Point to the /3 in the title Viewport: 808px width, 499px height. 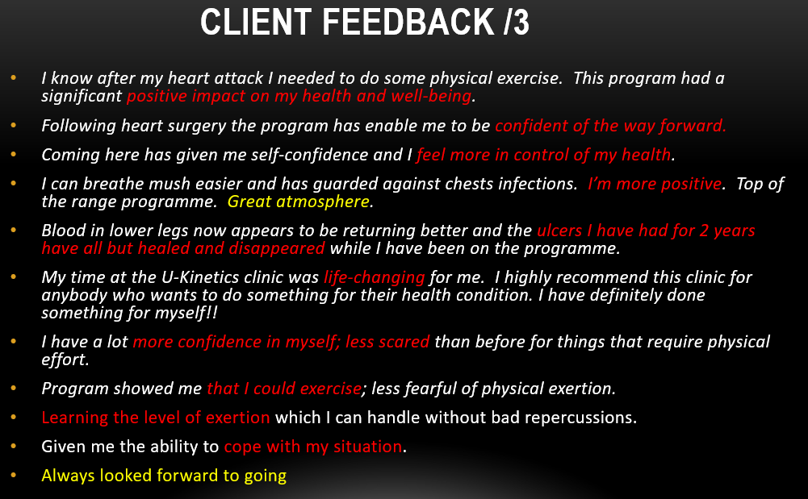pyautogui.click(x=514, y=23)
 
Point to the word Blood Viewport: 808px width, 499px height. pyautogui.click(x=63, y=231)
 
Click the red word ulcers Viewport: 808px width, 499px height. pyautogui.click(x=560, y=231)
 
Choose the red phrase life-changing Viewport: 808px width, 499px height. pyautogui.click(x=374, y=277)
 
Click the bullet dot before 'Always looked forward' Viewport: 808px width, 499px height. pyautogui.click(x=13, y=475)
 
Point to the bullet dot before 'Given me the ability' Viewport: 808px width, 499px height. pyautogui.click(x=13, y=446)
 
